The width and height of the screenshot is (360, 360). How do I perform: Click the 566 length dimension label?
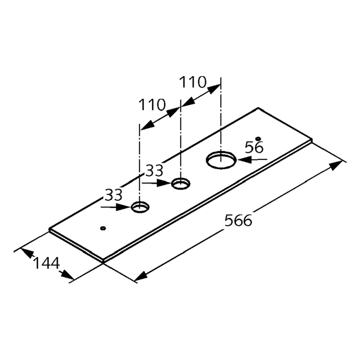click(x=238, y=221)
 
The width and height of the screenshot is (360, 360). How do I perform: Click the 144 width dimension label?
click(x=47, y=263)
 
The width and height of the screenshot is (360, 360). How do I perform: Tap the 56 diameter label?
click(x=254, y=147)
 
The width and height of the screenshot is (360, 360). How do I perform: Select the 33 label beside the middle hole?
click(x=155, y=171)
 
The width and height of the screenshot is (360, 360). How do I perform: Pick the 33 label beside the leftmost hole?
click(x=114, y=195)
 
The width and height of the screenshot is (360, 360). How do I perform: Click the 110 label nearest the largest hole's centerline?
click(x=193, y=82)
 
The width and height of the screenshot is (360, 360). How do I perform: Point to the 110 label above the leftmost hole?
click(x=152, y=105)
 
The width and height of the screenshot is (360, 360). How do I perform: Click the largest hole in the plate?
click(x=221, y=160)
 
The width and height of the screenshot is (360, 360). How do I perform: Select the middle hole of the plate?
click(x=181, y=184)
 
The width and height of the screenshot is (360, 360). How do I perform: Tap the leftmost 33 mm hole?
click(x=140, y=207)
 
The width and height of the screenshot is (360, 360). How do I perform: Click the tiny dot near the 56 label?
click(x=258, y=138)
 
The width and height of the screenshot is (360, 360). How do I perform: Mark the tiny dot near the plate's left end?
click(x=103, y=228)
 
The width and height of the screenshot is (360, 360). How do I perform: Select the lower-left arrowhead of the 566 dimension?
click(x=141, y=276)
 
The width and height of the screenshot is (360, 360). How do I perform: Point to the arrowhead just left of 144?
click(x=27, y=253)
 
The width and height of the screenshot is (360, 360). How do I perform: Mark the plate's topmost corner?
click(x=258, y=107)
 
